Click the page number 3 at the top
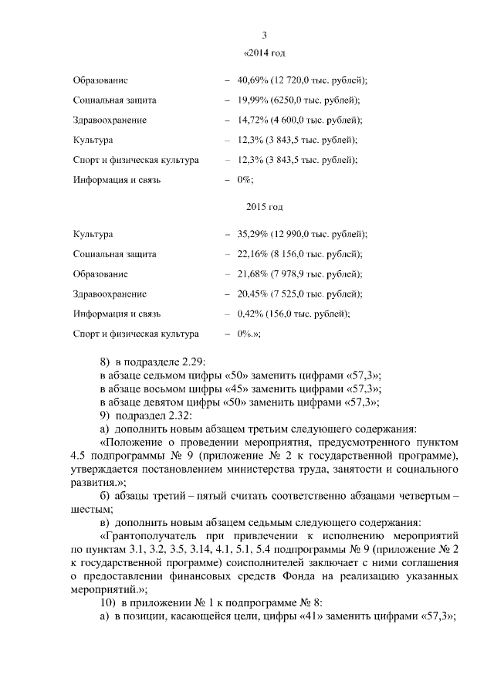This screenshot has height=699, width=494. coord(265,36)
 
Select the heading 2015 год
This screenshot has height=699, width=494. coord(265,207)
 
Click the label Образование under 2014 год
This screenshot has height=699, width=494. coord(100,80)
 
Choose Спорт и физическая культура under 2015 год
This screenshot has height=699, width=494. coord(136,334)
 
